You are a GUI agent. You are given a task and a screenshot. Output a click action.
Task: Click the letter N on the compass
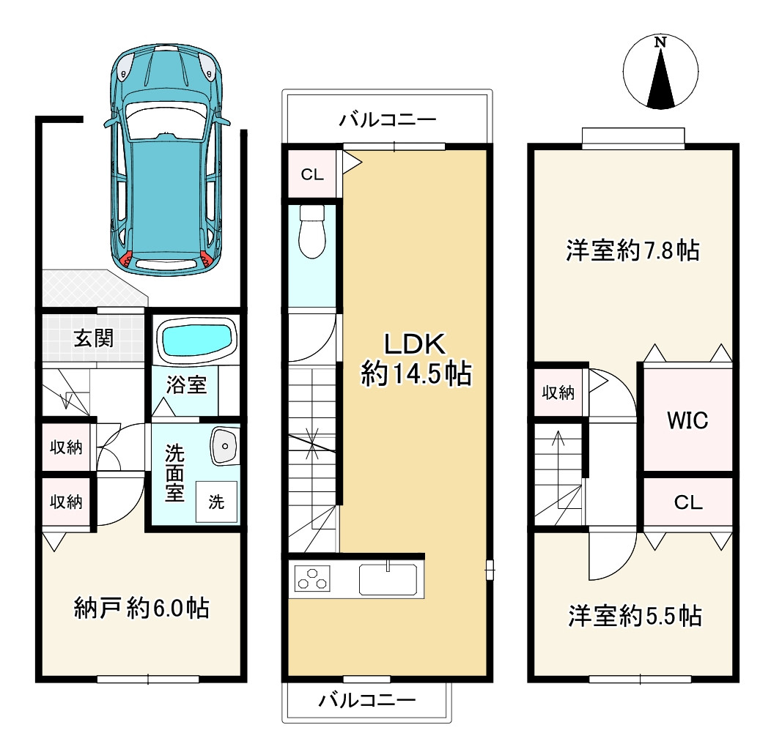[x=660, y=42]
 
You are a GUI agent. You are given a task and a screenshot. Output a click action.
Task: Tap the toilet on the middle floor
[x=312, y=231]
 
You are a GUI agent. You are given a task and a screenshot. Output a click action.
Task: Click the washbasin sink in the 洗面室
[x=225, y=446]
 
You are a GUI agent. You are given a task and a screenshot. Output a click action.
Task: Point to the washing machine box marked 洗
[x=216, y=502]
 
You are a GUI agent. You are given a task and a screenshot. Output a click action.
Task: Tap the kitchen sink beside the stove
[x=388, y=579]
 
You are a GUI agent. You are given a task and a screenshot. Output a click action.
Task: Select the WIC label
[x=687, y=420]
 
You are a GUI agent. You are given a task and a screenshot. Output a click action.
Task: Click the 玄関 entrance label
[x=93, y=338]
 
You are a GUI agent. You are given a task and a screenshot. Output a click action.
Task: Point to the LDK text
[x=415, y=344]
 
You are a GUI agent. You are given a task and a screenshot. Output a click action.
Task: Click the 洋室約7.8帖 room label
[x=632, y=250]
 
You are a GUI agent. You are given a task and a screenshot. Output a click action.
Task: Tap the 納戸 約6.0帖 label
[x=141, y=609]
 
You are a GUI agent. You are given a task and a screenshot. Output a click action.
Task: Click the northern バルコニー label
[x=388, y=119]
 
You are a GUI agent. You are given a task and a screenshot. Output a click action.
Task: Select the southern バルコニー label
[x=367, y=700]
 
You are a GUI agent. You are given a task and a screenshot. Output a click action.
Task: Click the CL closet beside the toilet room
[x=312, y=174]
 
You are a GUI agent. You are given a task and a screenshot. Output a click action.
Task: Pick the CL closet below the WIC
[x=688, y=502]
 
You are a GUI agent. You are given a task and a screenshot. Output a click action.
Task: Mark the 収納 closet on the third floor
[x=558, y=393]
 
